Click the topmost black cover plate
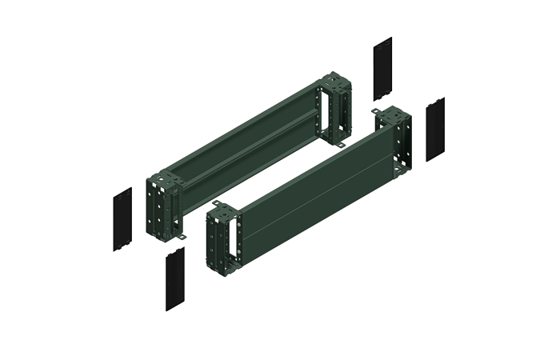382,68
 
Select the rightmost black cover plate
435,129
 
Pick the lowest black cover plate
175,278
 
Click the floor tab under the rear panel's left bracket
182,238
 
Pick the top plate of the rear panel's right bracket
334,79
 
